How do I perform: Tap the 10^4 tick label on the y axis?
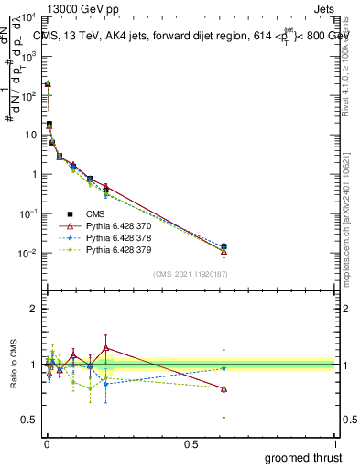click(x=27, y=16)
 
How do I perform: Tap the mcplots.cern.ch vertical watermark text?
click(x=348, y=220)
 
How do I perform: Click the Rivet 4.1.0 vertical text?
click(x=348, y=64)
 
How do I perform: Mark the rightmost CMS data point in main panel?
click(x=224, y=246)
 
